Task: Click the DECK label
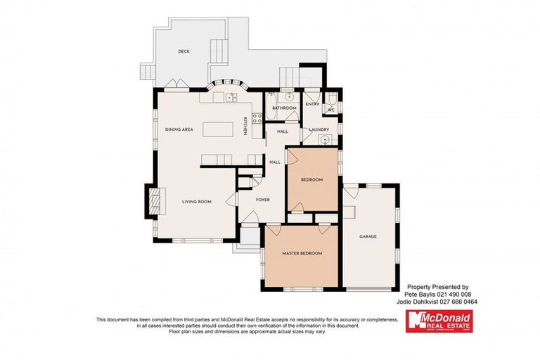tap(184, 51)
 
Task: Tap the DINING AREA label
tap(179, 130)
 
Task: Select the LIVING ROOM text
tap(197, 202)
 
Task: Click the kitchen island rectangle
tap(219, 130)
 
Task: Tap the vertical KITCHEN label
tap(245, 126)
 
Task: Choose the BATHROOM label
tap(285, 108)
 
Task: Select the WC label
tap(330, 110)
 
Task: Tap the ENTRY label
tap(312, 104)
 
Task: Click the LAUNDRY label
tap(319, 129)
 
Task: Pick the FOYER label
tap(262, 199)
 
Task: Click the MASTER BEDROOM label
tap(302, 252)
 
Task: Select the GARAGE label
tap(368, 236)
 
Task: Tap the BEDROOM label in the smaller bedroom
tap(311, 180)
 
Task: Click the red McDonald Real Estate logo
tap(437, 322)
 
